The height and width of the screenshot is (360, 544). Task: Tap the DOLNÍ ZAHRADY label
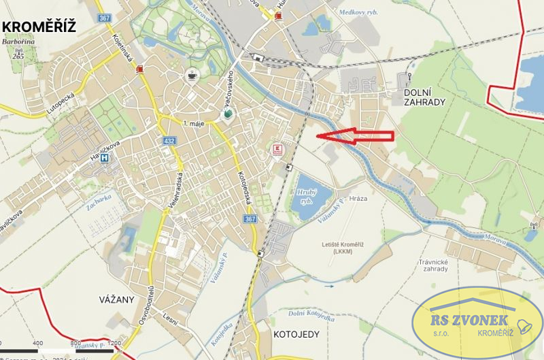(x=424, y=96)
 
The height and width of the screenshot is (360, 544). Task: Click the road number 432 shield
(x=170, y=140)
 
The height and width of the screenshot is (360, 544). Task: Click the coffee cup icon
(x=193, y=76)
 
